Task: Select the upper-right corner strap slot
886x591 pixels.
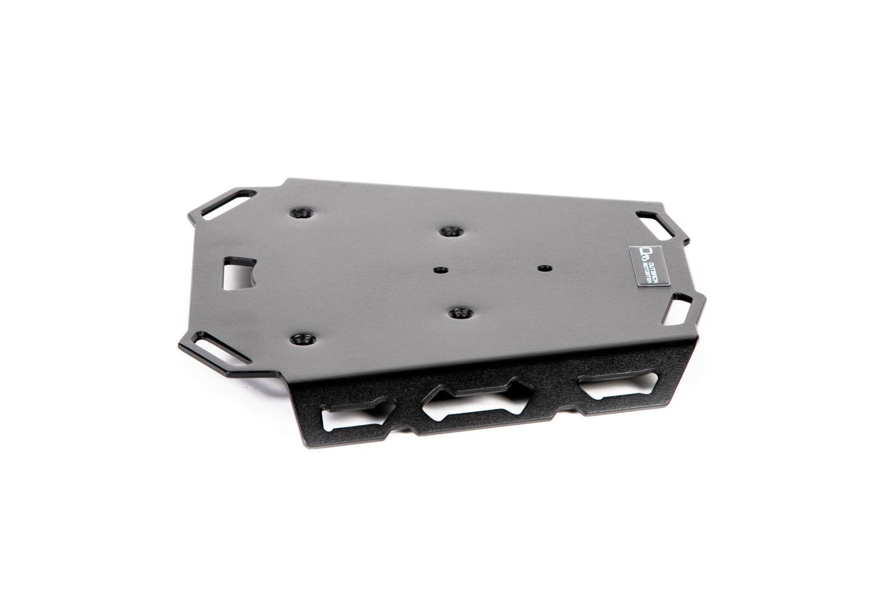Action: point(653,222)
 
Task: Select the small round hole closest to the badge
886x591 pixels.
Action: point(542,268)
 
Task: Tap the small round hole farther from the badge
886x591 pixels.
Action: point(441,270)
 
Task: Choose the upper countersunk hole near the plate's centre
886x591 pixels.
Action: point(450,231)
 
